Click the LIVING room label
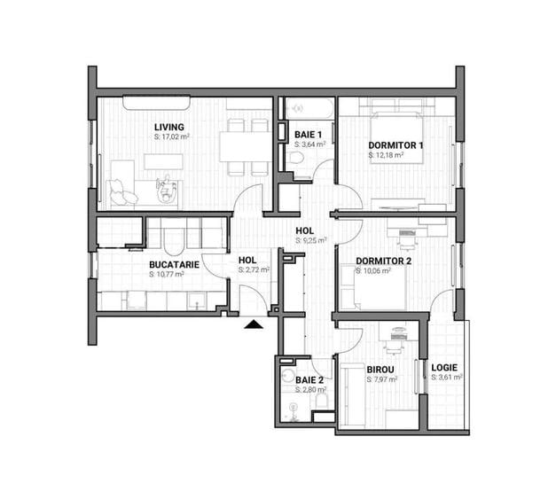(x=168, y=127)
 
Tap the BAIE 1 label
(x=309, y=134)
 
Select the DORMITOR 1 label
(x=395, y=144)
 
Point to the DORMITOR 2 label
(x=383, y=261)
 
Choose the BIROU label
(x=380, y=369)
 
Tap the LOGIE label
(x=444, y=367)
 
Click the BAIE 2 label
(x=310, y=379)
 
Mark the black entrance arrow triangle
(x=255, y=324)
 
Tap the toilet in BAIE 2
(x=321, y=403)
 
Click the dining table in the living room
(x=244, y=144)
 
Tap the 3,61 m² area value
(x=447, y=378)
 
